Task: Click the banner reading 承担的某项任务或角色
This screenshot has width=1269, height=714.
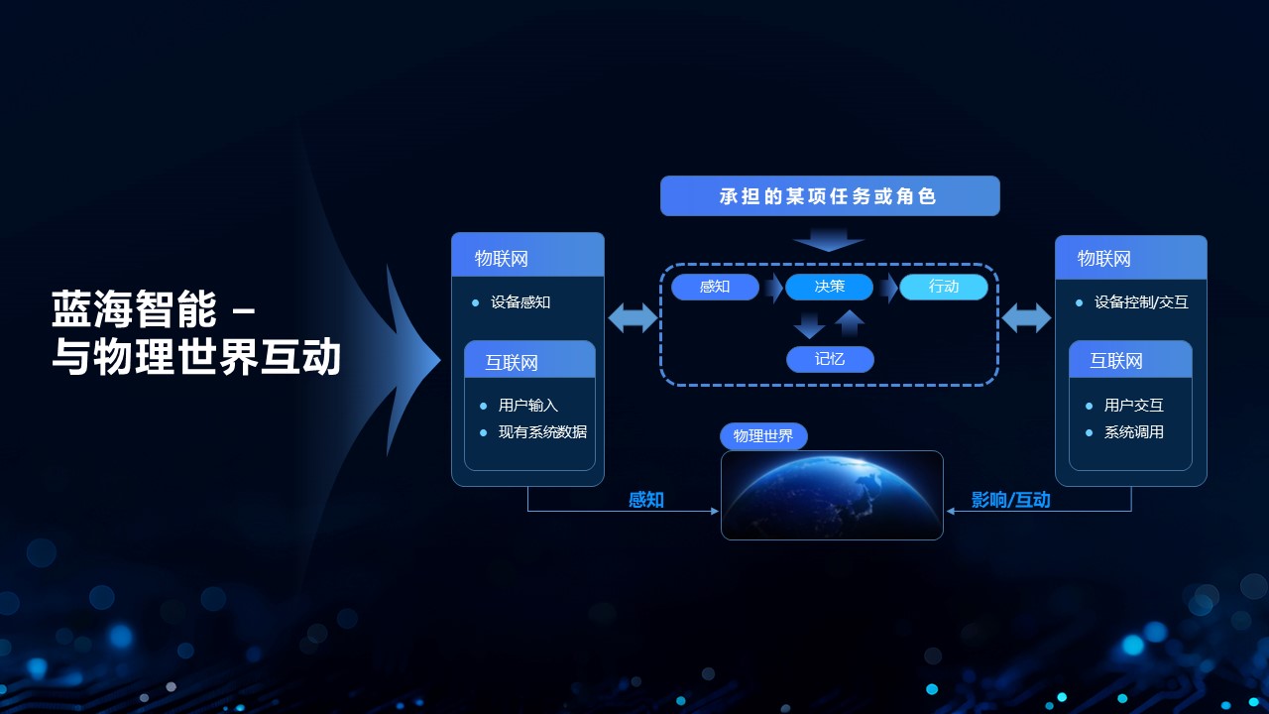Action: click(x=830, y=196)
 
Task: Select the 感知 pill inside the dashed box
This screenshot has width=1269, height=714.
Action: click(x=715, y=287)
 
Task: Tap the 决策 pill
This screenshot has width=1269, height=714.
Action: click(x=830, y=287)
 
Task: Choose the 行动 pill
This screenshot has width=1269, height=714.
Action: click(x=944, y=287)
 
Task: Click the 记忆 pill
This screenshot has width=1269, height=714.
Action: click(x=830, y=359)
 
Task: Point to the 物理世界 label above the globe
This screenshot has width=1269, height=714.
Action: click(x=763, y=435)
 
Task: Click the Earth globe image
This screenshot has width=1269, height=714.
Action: click(x=832, y=495)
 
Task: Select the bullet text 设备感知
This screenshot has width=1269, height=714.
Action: click(x=520, y=302)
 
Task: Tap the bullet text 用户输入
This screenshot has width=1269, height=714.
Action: click(x=528, y=406)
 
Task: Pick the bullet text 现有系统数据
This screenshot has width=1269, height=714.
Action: click(x=542, y=432)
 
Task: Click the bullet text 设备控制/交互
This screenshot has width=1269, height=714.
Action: click(x=1141, y=302)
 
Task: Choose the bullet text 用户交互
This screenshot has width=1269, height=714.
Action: click(x=1133, y=406)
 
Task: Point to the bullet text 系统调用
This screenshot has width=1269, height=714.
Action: click(x=1133, y=432)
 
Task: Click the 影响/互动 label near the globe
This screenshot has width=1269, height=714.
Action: click(x=1010, y=500)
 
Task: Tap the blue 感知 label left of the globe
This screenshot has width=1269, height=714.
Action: click(x=646, y=500)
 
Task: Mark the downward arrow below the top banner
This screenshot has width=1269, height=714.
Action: click(x=828, y=240)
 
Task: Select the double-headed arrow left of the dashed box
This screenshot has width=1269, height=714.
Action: click(x=633, y=318)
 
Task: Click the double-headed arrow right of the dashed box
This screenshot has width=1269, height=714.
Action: click(x=1026, y=318)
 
